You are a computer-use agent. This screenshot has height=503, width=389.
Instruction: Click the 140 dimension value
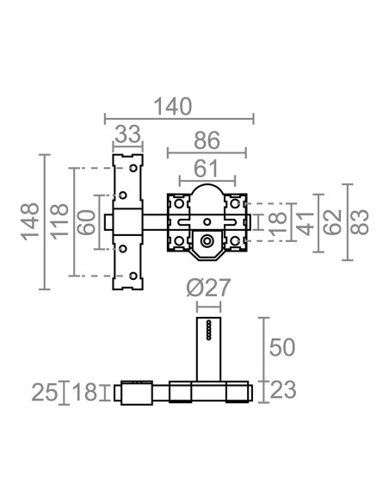[173, 106]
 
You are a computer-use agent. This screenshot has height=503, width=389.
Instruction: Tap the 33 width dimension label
[128, 134]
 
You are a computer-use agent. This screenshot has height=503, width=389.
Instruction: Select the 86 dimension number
[207, 140]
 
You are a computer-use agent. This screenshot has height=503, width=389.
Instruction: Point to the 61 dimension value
[207, 169]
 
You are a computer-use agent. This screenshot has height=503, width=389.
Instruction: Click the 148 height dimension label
[30, 221]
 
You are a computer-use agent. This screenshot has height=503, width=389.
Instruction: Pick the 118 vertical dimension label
[59, 221]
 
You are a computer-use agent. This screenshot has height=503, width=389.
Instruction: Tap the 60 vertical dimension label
[87, 222]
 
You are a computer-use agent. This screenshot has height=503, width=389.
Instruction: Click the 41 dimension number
[305, 223]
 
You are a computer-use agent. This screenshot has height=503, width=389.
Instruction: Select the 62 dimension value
[332, 222]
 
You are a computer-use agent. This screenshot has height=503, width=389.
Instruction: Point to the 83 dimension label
[360, 222]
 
